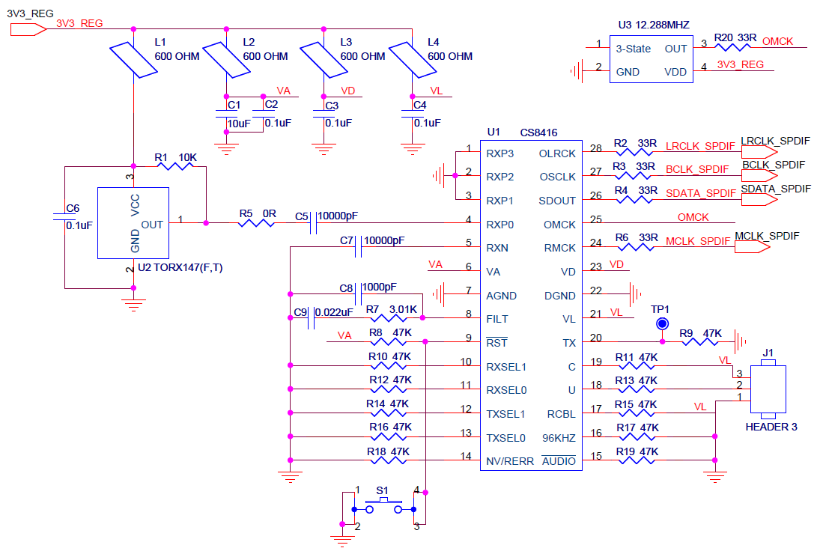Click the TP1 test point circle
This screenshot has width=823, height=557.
662,323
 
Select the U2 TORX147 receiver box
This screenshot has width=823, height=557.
133,222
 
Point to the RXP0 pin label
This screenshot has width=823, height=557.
501,224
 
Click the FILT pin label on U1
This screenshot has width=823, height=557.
497,319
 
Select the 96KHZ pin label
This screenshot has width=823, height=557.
559,437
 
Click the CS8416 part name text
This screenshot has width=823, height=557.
536,133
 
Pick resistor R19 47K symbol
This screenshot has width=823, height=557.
636,460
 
